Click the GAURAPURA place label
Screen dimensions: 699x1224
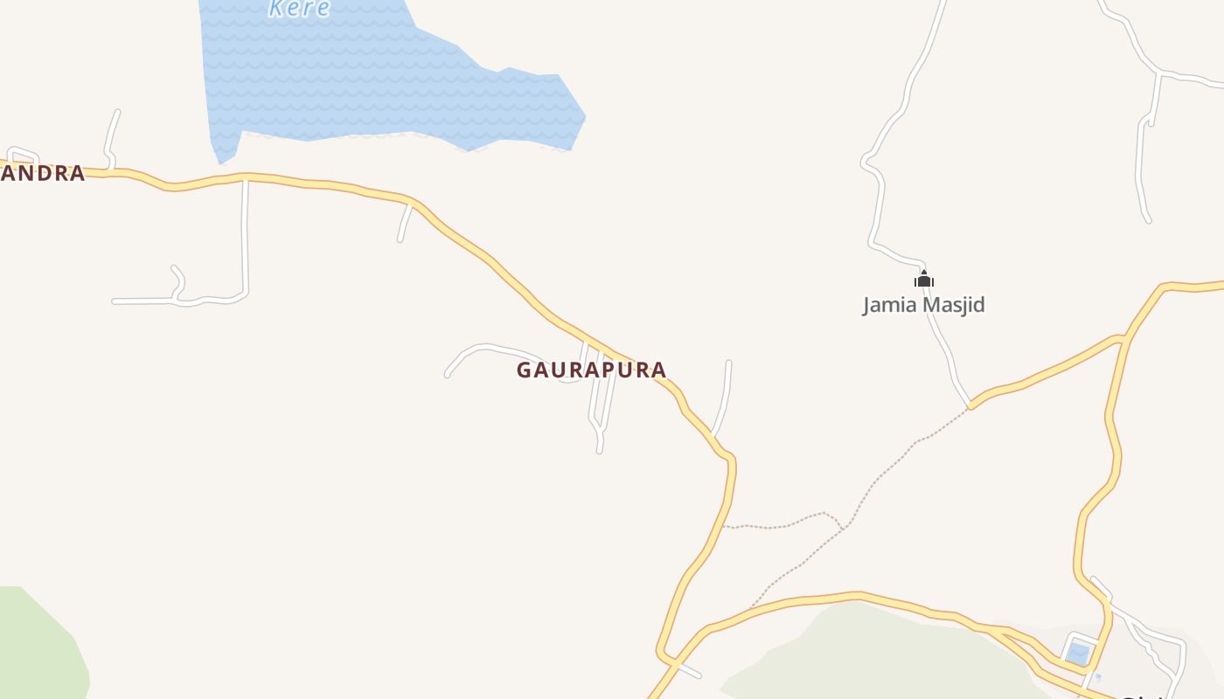pyautogui.click(x=591, y=370)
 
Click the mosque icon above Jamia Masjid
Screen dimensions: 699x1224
pyautogui.click(x=924, y=280)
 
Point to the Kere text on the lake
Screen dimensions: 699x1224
pyautogui.click(x=299, y=9)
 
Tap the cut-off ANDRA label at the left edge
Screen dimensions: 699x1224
pyautogui.click(x=42, y=173)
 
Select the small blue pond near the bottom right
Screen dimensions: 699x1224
pyautogui.click(x=1078, y=654)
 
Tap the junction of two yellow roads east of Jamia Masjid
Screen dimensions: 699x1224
pyautogui.click(x=1123, y=337)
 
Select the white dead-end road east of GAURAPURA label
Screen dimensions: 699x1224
pyautogui.click(x=725, y=398)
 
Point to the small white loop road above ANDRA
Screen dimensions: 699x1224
pyautogui.click(x=23, y=153)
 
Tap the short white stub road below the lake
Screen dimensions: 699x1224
pyautogui.click(x=404, y=223)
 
